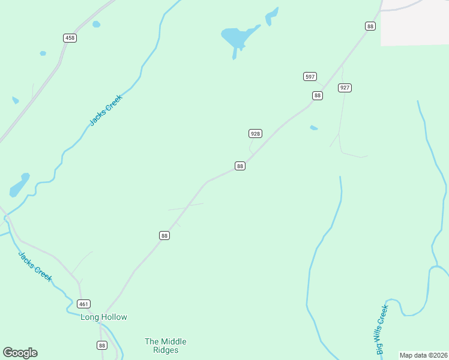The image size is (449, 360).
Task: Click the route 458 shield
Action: coord(70,38)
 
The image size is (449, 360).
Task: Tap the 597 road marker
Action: coord(310,76)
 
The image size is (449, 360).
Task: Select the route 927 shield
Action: coord(345,88)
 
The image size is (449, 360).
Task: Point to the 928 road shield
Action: coord(255,133)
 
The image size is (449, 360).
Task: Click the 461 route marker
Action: coord(84,304)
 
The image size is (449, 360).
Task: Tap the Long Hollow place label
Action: coord(104,317)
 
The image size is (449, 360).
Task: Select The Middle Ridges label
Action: coord(166,346)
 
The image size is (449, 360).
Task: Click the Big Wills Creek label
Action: coord(382,329)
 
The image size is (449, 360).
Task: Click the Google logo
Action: coord(20,353)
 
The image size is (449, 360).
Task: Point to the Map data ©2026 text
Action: coord(424,355)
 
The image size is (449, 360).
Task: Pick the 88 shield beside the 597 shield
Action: coord(318,95)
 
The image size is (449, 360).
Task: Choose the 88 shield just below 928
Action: coord(240,166)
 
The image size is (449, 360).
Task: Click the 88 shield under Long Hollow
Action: coord(102,345)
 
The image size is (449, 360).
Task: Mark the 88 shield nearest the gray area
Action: coord(370,26)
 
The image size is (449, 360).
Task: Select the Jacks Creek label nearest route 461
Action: coord(35,266)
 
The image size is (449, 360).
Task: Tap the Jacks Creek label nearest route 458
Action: coord(106,110)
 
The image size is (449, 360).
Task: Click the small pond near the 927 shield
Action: coord(313,128)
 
